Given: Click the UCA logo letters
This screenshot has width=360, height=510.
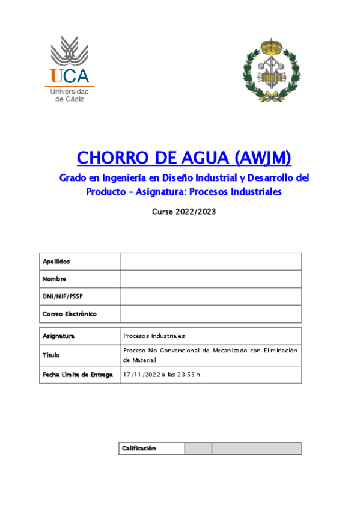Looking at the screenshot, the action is pos(70,76).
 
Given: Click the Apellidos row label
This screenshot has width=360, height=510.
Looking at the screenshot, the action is pos(56,262).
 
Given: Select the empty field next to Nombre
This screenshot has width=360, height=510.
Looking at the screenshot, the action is pos(210,279).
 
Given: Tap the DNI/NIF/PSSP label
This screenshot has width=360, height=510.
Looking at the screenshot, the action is pos(63,296).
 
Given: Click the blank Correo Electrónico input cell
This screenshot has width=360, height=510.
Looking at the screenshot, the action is pos(210,314).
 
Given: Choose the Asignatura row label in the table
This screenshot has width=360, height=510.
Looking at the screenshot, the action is pos(59,336).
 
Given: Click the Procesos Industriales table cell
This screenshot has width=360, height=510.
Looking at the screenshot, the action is pos(154,336).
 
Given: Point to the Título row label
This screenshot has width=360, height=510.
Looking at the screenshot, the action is pos(51,355).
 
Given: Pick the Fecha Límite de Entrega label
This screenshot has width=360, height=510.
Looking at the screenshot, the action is pos(78,375).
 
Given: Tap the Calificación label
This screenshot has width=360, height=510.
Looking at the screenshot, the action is pos(139,448).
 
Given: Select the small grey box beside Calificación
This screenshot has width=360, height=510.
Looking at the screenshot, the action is pos(198,449).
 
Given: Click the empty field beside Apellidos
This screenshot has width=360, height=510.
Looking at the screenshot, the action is pos(210,262).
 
